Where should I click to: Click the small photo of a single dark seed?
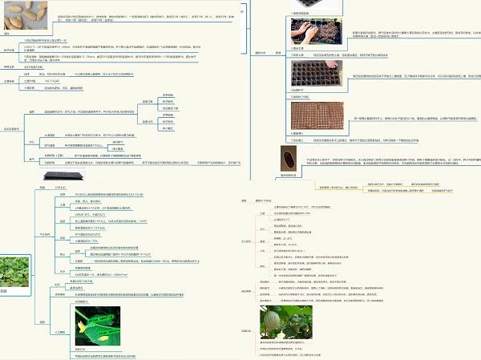click(288, 152)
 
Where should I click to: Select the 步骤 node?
click(278, 53)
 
